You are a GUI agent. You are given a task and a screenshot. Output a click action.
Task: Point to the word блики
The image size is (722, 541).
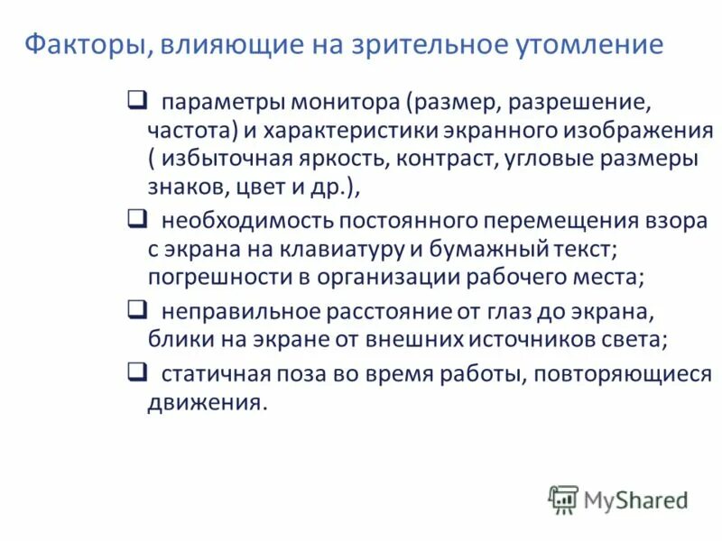coord(178,342)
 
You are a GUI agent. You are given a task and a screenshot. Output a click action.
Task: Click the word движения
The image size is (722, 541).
coord(207,402)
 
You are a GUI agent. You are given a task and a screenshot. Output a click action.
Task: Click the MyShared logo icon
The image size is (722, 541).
coord(563,500)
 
